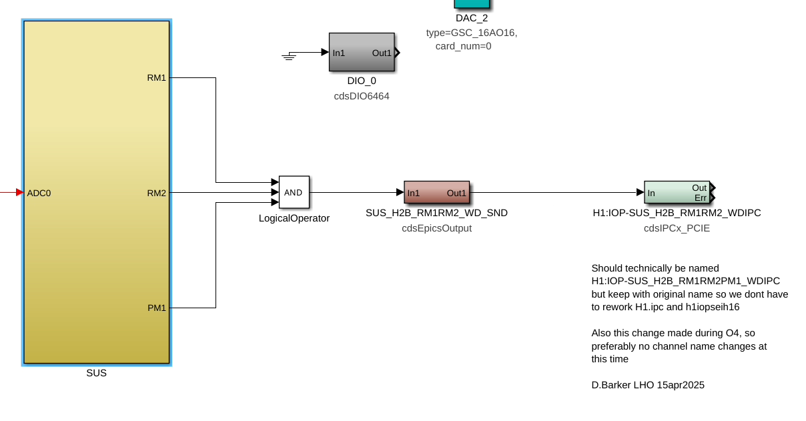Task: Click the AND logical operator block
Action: [294, 192]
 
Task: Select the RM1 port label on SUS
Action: [156, 77]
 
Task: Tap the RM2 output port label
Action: [156, 193]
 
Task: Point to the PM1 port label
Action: [156, 308]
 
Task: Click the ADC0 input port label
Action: [39, 193]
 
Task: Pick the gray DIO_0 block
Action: [362, 52]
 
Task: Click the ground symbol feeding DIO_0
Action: [289, 56]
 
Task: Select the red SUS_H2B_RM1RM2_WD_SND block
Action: [436, 193]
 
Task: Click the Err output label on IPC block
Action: [701, 197]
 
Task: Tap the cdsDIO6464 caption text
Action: [362, 96]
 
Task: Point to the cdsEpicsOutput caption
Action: [436, 228]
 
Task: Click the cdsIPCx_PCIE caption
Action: [677, 228]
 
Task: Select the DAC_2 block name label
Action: [472, 18]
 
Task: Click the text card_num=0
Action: [463, 46]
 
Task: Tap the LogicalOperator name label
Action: [294, 218]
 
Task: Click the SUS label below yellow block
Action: [96, 373]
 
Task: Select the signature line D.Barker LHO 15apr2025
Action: [647, 385]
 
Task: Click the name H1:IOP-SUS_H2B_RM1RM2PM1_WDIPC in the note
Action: [685, 281]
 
